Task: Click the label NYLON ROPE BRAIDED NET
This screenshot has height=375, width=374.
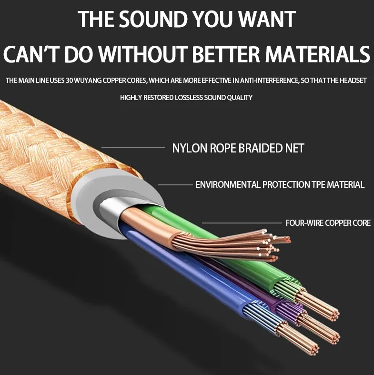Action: (x=238, y=148)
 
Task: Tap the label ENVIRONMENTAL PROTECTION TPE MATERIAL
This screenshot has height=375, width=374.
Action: (x=280, y=184)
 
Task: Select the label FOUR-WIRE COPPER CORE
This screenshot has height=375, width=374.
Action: (x=328, y=223)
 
